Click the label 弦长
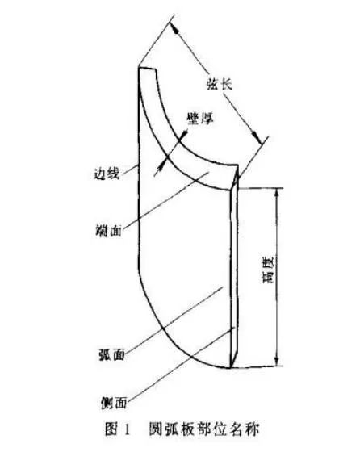pos(220,85)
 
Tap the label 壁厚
pos(200,118)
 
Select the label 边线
pos(107,174)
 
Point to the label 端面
pos(109,231)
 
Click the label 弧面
pos(112,354)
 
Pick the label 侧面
pos(114,403)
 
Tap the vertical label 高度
pos(268,270)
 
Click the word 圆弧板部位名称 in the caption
pos(204,429)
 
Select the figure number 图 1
pos(118,429)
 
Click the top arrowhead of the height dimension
pos(277,193)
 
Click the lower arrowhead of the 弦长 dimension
pos(257,136)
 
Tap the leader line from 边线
pos(129,169)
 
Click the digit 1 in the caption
pos(126,429)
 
